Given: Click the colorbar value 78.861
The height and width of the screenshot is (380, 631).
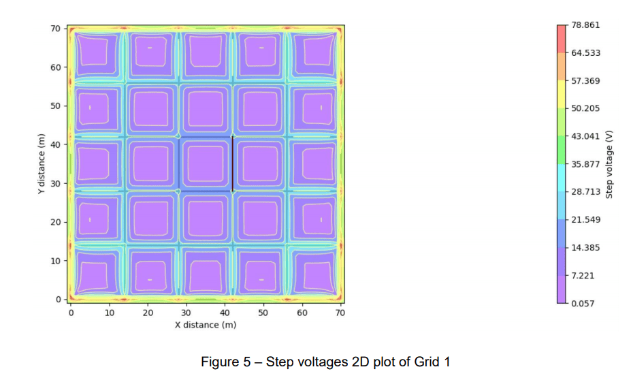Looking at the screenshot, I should tap(585, 25).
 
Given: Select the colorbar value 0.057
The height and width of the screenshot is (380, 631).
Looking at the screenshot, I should tap(583, 303).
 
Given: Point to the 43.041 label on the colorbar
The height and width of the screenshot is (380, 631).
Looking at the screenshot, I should tap(585, 136).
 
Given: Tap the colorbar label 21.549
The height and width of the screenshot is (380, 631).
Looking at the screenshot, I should tap(585, 219).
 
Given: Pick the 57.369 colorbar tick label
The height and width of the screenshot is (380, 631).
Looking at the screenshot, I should tap(585, 80).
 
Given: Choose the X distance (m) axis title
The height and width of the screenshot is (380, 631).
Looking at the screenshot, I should tap(205, 325).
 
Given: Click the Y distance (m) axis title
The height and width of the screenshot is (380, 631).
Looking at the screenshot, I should tap(42, 163).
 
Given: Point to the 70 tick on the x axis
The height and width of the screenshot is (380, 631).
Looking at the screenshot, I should tap(340, 313).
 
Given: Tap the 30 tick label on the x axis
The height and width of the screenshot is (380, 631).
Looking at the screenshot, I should tap(186, 313).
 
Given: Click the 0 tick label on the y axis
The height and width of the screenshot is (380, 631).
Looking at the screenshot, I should tap(59, 300).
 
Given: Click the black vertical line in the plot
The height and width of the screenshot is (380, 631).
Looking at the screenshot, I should tap(233, 164).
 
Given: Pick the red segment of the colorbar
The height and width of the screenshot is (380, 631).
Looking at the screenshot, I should tap(562, 39).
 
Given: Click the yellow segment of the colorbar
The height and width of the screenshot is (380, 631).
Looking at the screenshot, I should tap(562, 95).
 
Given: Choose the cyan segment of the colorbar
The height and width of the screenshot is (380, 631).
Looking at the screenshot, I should tap(562, 178).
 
